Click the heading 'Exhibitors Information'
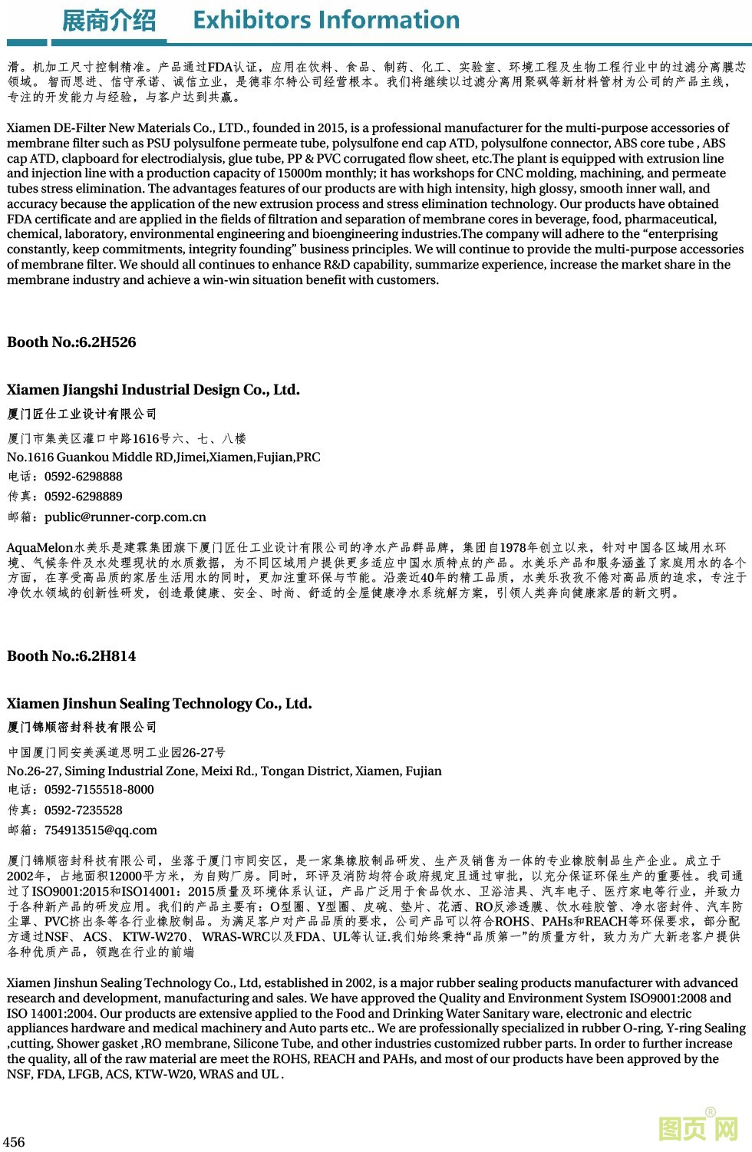[x=326, y=20]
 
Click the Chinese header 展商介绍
[x=108, y=21]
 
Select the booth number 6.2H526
[x=104, y=342]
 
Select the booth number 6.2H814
[x=104, y=656]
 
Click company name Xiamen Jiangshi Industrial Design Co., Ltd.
[x=153, y=390]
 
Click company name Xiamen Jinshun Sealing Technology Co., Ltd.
[x=160, y=704]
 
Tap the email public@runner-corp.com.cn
[x=125, y=517]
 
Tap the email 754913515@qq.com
[x=101, y=830]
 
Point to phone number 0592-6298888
[x=83, y=477]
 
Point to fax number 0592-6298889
[x=83, y=497]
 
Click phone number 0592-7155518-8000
[x=99, y=790]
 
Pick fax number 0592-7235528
[x=83, y=810]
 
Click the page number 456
[x=15, y=1142]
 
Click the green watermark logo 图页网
[x=698, y=1128]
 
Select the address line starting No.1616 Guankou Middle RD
[x=163, y=457]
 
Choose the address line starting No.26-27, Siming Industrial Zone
[x=224, y=771]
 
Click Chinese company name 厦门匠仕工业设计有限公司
[x=82, y=414]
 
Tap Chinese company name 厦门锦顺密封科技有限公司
[x=82, y=728]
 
